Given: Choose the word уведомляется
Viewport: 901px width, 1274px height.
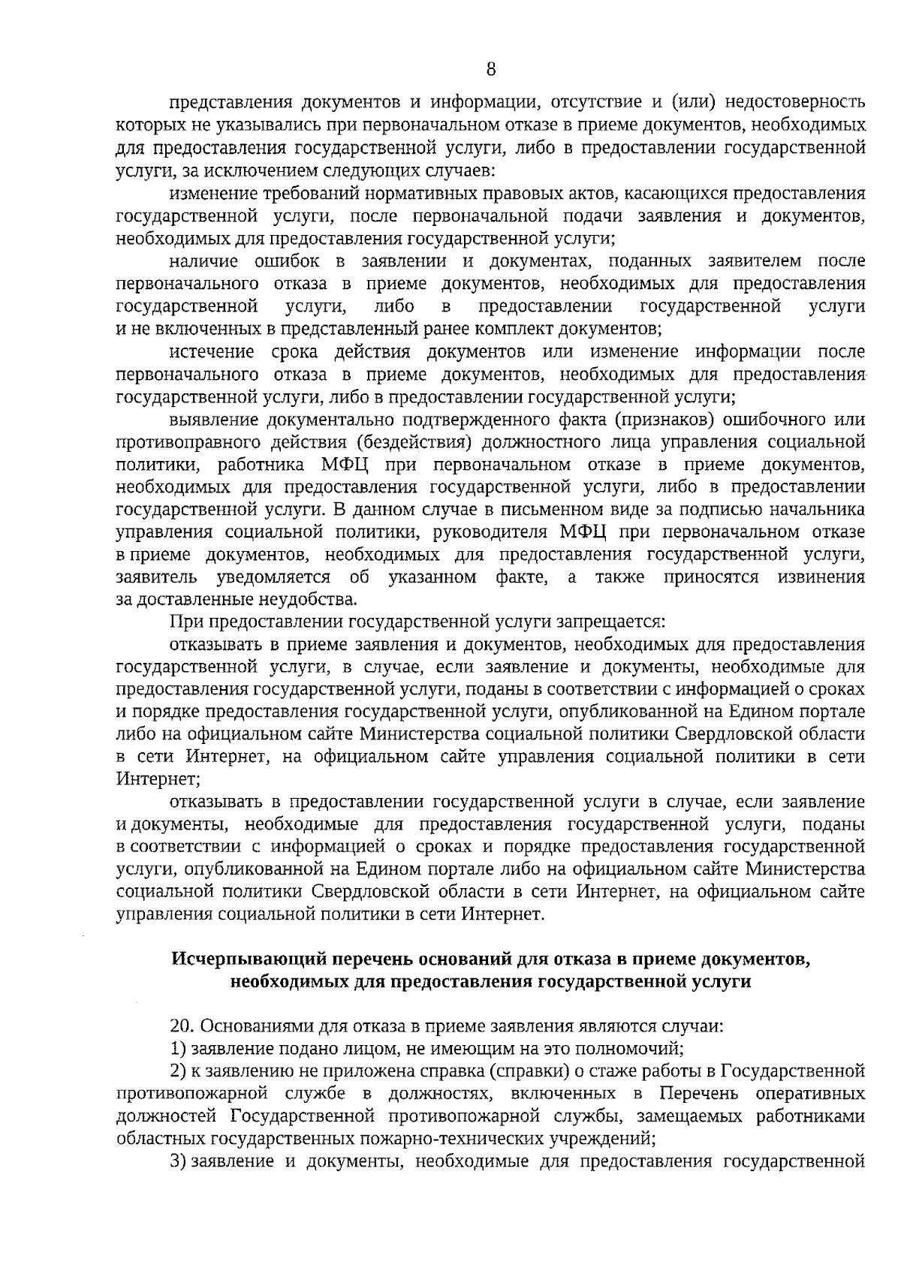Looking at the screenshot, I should [x=273, y=577].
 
